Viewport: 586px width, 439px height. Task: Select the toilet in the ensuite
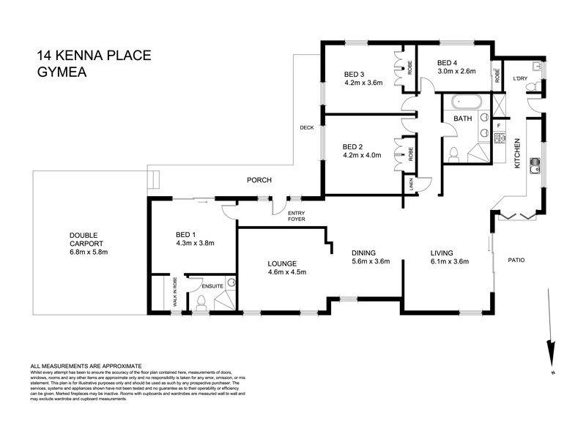200,301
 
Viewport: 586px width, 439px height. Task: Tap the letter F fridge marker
499,125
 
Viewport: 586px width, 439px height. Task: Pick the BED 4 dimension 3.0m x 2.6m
457,72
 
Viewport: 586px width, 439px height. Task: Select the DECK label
307,128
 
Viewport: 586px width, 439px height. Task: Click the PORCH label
259,180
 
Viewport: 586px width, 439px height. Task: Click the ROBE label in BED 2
411,154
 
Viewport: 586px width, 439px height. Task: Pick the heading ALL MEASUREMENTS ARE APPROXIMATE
85,365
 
